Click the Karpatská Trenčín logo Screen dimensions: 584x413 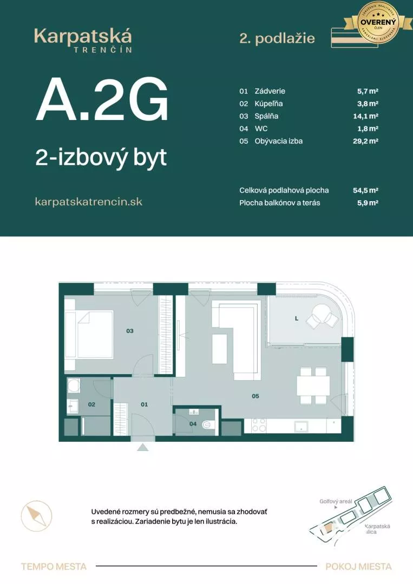(83, 39)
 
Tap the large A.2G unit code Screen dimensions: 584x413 (101, 100)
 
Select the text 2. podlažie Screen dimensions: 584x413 (277, 38)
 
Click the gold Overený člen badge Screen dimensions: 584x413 (375, 23)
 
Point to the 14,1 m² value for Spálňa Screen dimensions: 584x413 (365, 116)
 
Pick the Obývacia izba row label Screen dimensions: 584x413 (278, 141)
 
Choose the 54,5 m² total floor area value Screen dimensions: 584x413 (365, 190)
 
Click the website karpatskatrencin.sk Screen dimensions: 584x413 (88, 202)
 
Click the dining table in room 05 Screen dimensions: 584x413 (313, 386)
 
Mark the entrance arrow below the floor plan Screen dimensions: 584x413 (142, 447)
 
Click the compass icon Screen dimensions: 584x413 (36, 516)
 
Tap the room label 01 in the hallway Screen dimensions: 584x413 (145, 404)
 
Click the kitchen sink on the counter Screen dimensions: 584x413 (301, 426)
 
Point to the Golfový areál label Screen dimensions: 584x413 (336, 501)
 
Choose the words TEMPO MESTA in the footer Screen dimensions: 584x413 (54, 567)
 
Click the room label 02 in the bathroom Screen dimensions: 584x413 (91, 404)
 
